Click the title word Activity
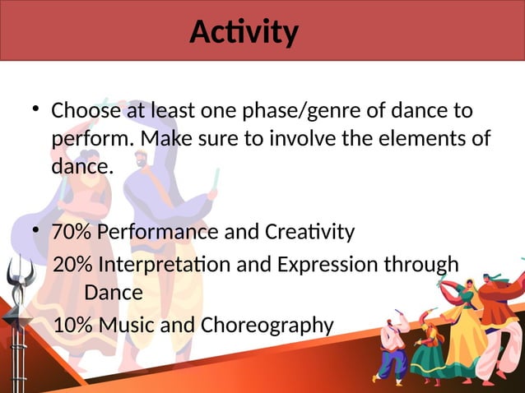pos(244,32)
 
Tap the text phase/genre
pos(289,111)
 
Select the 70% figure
pos(72,233)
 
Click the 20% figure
pos(73,265)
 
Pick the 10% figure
pos(73,326)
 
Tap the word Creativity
pos(310,233)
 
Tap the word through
pos(425,265)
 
